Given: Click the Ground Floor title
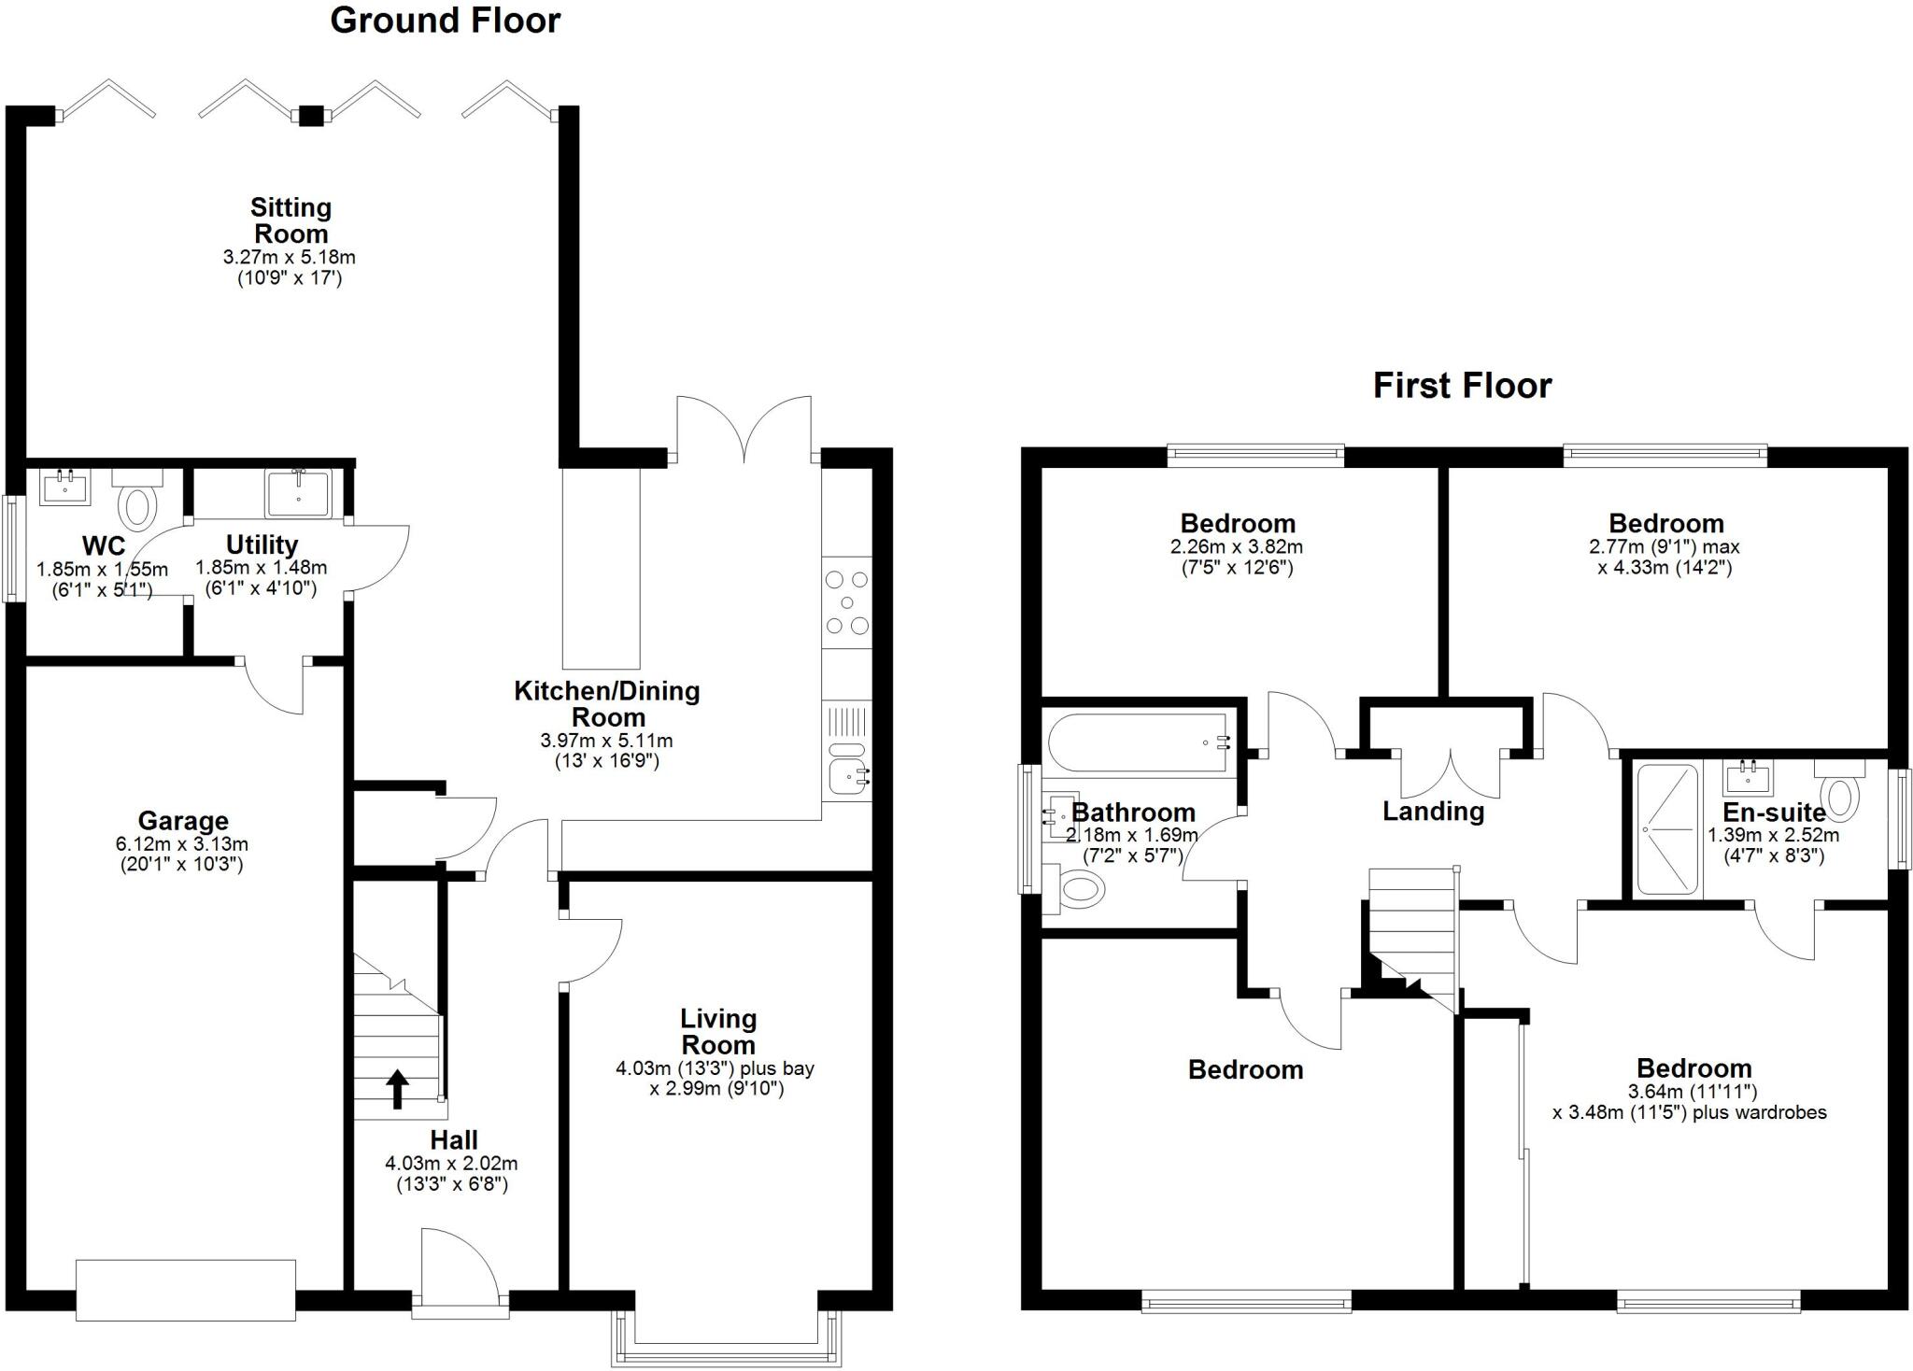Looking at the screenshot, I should click(x=445, y=21).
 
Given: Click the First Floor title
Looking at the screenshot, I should click(x=1462, y=385).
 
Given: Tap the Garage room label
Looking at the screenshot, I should click(x=183, y=821).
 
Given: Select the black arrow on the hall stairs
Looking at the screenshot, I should click(x=397, y=1089).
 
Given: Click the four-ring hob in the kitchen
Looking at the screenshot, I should click(x=847, y=602).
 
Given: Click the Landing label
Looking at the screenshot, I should click(x=1433, y=812).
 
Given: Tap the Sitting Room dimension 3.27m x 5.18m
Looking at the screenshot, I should click(x=290, y=257).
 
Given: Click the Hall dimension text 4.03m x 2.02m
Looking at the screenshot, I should click(x=451, y=1165).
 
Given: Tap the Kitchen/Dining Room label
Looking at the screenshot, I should click(x=607, y=704).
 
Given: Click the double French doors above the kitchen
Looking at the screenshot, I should click(x=744, y=430).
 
